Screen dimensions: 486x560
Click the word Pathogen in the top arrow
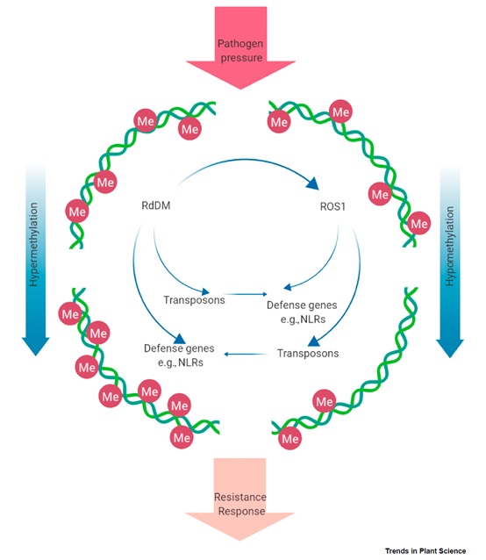click(x=240, y=44)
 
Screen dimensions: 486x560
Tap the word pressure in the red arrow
click(x=241, y=58)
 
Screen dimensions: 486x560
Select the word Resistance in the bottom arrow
click(x=240, y=497)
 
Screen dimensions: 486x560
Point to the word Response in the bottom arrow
click(x=241, y=511)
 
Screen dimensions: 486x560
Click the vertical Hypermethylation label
click(x=33, y=245)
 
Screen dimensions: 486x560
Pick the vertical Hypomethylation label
click(x=450, y=246)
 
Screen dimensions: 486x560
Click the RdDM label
click(x=156, y=205)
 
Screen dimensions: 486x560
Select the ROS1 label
click(x=332, y=206)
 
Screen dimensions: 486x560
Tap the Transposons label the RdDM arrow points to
click(x=194, y=300)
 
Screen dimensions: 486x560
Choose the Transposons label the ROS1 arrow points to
click(x=308, y=353)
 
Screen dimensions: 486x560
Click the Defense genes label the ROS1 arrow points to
click(x=303, y=312)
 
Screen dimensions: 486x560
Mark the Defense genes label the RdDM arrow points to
click(x=179, y=355)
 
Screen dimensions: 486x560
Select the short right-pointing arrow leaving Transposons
click(x=246, y=294)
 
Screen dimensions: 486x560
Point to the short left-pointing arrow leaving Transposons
click(x=246, y=354)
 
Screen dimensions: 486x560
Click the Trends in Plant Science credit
click(x=425, y=550)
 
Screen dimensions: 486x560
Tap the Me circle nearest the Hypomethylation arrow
click(x=419, y=223)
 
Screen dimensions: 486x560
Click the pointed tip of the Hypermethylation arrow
click(x=36, y=355)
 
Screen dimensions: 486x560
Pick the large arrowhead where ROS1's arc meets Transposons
click(x=313, y=341)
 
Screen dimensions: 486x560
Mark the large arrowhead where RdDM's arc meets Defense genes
click(x=180, y=339)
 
